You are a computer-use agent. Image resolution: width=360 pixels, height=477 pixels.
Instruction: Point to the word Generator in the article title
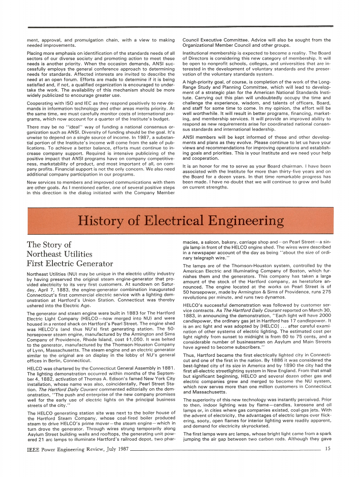tap(93, 263)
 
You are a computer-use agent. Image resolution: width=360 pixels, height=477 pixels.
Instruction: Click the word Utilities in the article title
tap(82, 254)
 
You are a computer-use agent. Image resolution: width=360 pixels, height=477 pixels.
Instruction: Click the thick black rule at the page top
tap(180, 27)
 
